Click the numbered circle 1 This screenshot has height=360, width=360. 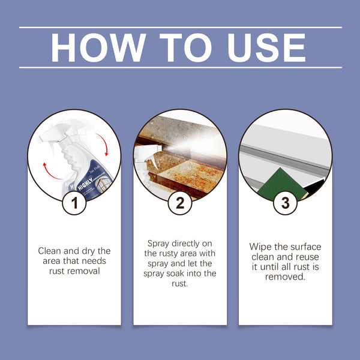[74, 203]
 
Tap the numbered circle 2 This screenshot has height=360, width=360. [180, 203]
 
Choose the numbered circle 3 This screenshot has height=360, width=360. [285, 203]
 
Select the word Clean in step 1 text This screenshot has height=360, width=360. [49, 251]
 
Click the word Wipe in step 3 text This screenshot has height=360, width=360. [261, 247]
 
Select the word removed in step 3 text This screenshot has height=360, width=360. [286, 277]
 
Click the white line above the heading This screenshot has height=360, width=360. [180, 27]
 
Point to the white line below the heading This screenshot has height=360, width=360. [180, 67]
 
